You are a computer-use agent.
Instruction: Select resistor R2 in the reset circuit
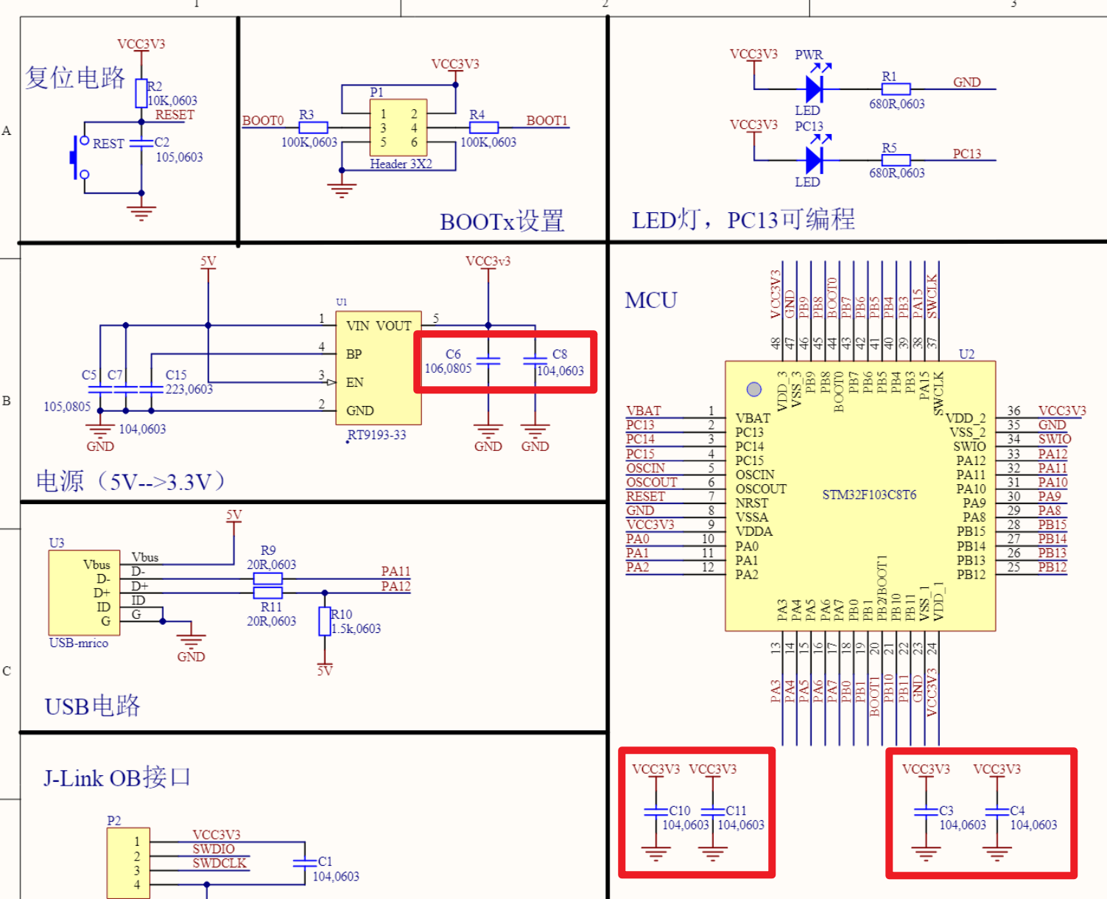point(141,94)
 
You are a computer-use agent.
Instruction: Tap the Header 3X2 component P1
point(398,127)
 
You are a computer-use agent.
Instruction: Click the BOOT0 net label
point(263,120)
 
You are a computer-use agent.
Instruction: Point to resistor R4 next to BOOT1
point(483,127)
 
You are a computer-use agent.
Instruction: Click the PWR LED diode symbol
point(814,88)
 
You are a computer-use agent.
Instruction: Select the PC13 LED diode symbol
point(814,159)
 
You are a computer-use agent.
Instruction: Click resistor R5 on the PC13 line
point(896,159)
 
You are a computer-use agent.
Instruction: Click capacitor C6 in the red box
point(488,360)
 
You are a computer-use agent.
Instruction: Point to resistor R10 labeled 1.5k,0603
point(324,621)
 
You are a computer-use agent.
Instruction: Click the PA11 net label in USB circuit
point(396,572)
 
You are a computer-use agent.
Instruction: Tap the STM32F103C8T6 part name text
point(869,494)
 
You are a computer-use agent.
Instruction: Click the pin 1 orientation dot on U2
point(753,389)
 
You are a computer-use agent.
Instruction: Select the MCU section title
point(650,300)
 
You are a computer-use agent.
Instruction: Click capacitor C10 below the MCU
point(656,811)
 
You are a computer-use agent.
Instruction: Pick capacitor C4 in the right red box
point(997,811)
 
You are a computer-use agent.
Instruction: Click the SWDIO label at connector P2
point(213,849)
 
